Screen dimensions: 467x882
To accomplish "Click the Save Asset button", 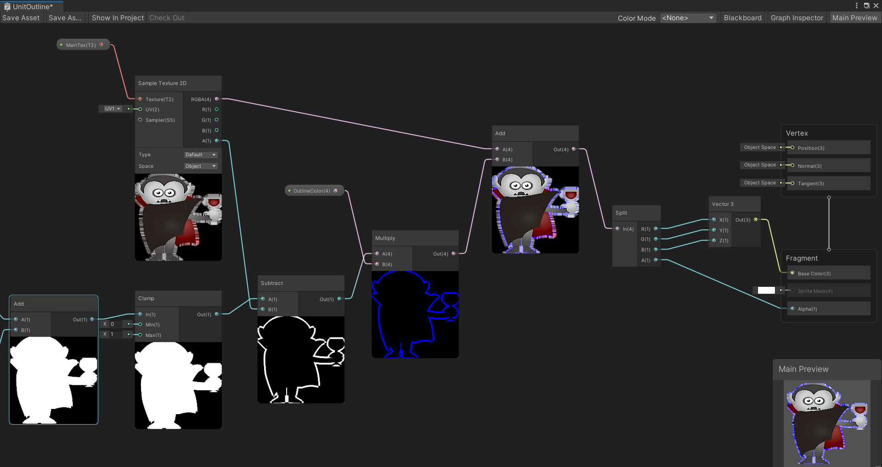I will pos(21,18).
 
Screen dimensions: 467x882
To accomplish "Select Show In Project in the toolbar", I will pos(118,18).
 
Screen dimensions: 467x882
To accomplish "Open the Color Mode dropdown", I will pos(688,18).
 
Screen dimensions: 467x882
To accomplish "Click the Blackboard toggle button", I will pos(742,18).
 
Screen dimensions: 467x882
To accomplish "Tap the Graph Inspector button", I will pos(797,18).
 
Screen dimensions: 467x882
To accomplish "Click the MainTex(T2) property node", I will pos(81,45).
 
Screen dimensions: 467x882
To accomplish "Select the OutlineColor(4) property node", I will pos(312,191).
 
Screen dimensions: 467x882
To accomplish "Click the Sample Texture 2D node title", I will pos(162,83).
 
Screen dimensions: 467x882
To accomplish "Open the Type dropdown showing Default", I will pos(200,155).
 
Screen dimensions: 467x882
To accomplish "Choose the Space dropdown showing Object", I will pos(200,166).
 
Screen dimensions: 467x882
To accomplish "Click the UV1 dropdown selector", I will pos(112,109).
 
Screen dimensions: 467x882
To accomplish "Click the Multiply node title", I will pos(385,238).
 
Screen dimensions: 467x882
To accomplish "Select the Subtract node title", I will pos(272,283).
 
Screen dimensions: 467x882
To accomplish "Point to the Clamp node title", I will pos(146,298).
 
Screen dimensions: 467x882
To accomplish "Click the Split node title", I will pos(621,213).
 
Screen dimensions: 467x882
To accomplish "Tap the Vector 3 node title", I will pos(723,204).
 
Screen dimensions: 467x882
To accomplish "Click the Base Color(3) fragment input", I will pos(814,273).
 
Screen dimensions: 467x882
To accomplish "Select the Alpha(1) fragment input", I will pos(807,309).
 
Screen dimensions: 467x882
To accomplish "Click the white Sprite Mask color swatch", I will pos(766,290).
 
